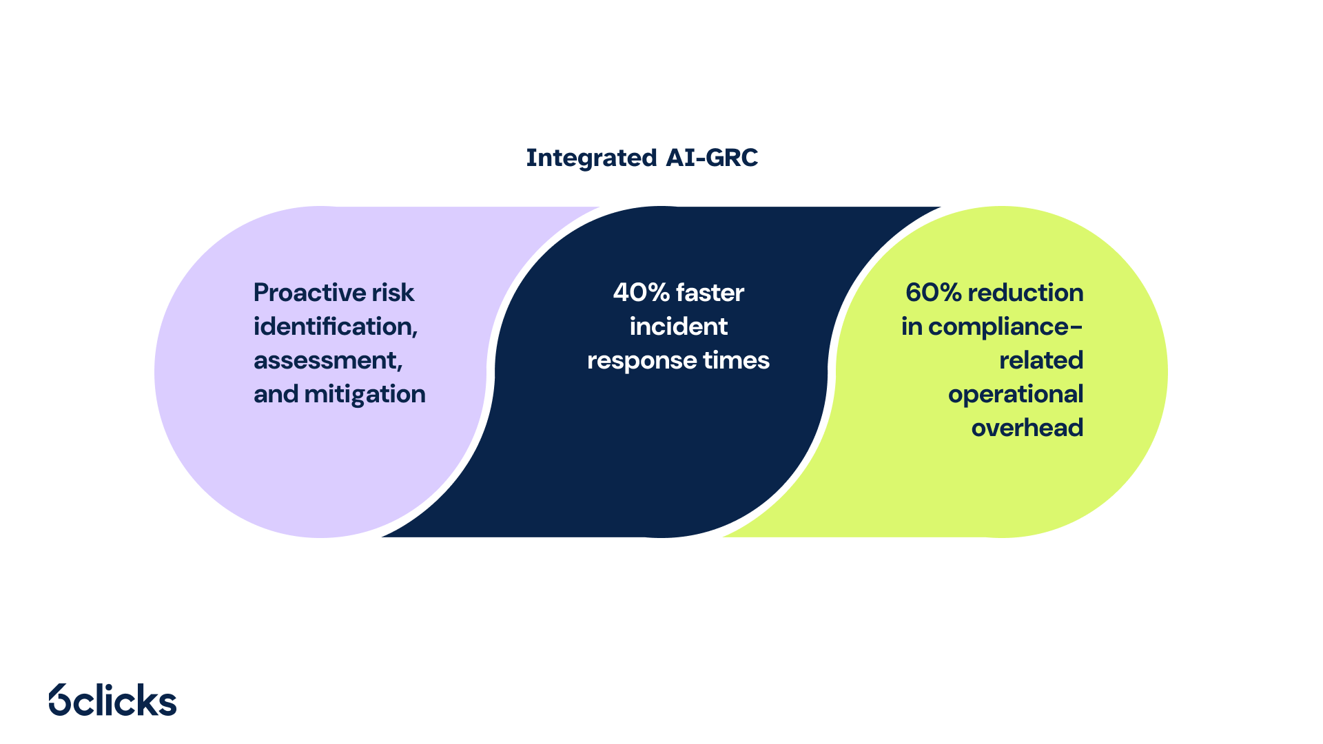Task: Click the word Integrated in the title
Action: click(591, 158)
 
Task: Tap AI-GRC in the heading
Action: click(712, 158)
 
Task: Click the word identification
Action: click(335, 327)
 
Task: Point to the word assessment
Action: click(327, 360)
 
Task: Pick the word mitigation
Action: click(365, 394)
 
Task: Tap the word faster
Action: click(710, 293)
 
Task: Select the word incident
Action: click(678, 327)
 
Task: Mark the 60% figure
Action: click(933, 293)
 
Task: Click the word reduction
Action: click(1025, 293)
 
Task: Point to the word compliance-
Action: click(1005, 327)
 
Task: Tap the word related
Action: click(1041, 360)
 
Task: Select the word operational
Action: click(1016, 394)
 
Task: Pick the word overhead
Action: click(1027, 428)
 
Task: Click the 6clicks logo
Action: click(113, 700)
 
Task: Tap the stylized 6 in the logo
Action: click(60, 700)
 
